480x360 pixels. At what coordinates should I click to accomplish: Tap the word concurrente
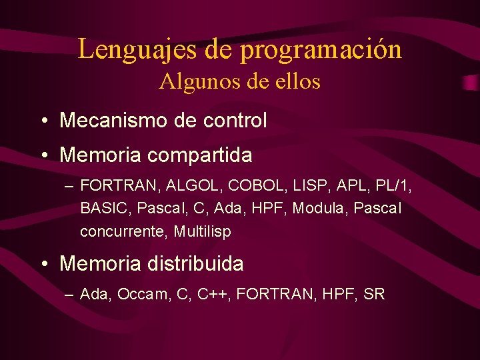click(x=124, y=232)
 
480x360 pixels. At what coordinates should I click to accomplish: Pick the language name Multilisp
click(x=203, y=232)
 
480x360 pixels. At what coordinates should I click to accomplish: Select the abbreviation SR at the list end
click(x=374, y=294)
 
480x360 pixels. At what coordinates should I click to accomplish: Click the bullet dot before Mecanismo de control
click(x=43, y=121)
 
